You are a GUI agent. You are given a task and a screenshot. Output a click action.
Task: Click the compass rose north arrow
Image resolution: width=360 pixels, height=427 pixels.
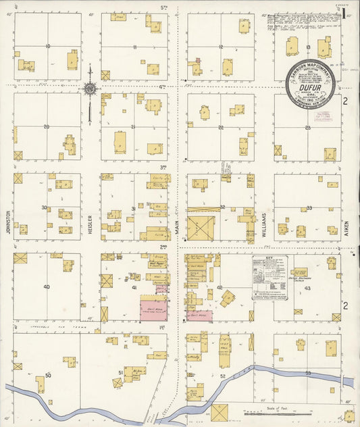89,88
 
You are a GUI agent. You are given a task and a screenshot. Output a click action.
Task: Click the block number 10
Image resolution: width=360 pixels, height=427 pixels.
47,47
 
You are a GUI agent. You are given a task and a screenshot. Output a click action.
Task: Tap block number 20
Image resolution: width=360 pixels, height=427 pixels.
47,126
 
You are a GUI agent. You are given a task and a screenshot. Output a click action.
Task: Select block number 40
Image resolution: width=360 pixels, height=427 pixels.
47,287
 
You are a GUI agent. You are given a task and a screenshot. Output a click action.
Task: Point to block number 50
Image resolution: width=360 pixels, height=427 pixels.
47,374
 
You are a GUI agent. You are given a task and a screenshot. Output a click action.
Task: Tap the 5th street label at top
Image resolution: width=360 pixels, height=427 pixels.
163,7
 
